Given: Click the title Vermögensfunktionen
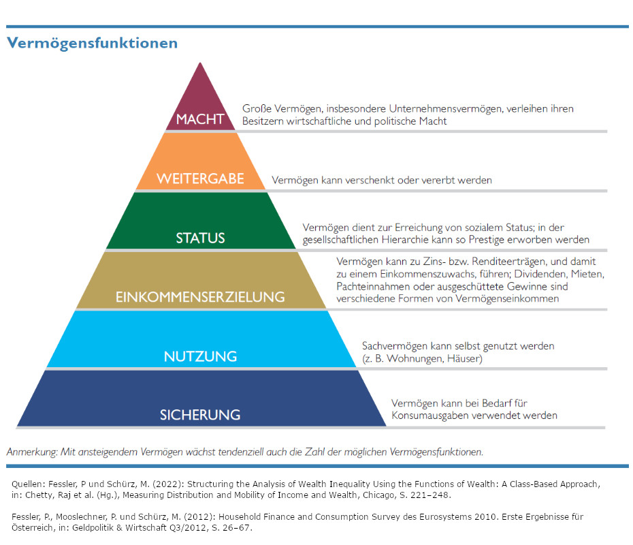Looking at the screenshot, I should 92,44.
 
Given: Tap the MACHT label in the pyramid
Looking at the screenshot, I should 200,119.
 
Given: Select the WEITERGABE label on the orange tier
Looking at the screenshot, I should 200,180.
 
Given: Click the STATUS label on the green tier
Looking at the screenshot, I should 200,238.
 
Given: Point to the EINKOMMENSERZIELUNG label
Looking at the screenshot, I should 200,298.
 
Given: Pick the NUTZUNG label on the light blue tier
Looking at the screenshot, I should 200,356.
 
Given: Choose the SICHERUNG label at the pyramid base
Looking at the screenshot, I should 200,415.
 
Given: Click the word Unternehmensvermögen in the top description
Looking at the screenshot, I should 415,108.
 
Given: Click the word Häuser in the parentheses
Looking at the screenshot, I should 462,358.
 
